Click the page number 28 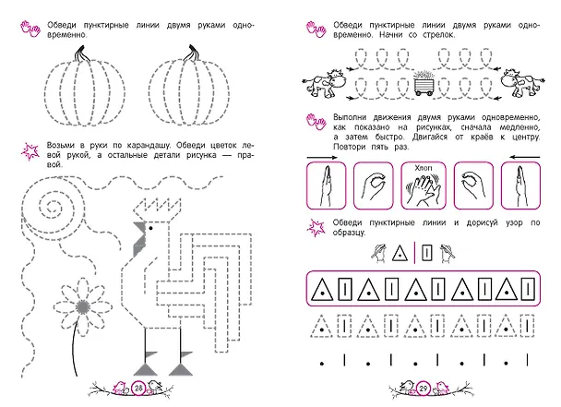tap(138, 388)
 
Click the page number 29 tap(424, 389)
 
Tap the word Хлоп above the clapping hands tap(424, 168)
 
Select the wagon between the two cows tap(424, 84)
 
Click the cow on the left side tap(324, 83)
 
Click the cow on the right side tap(521, 83)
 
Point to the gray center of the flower tap(83, 306)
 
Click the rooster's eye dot tap(151, 228)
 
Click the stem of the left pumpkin tap(79, 54)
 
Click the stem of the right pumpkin tap(190, 53)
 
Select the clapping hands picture tap(424, 186)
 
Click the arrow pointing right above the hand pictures tap(322, 157)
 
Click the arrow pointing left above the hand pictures tap(524, 157)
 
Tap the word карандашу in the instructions tap(148, 145)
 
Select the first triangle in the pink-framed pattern tap(322, 289)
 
